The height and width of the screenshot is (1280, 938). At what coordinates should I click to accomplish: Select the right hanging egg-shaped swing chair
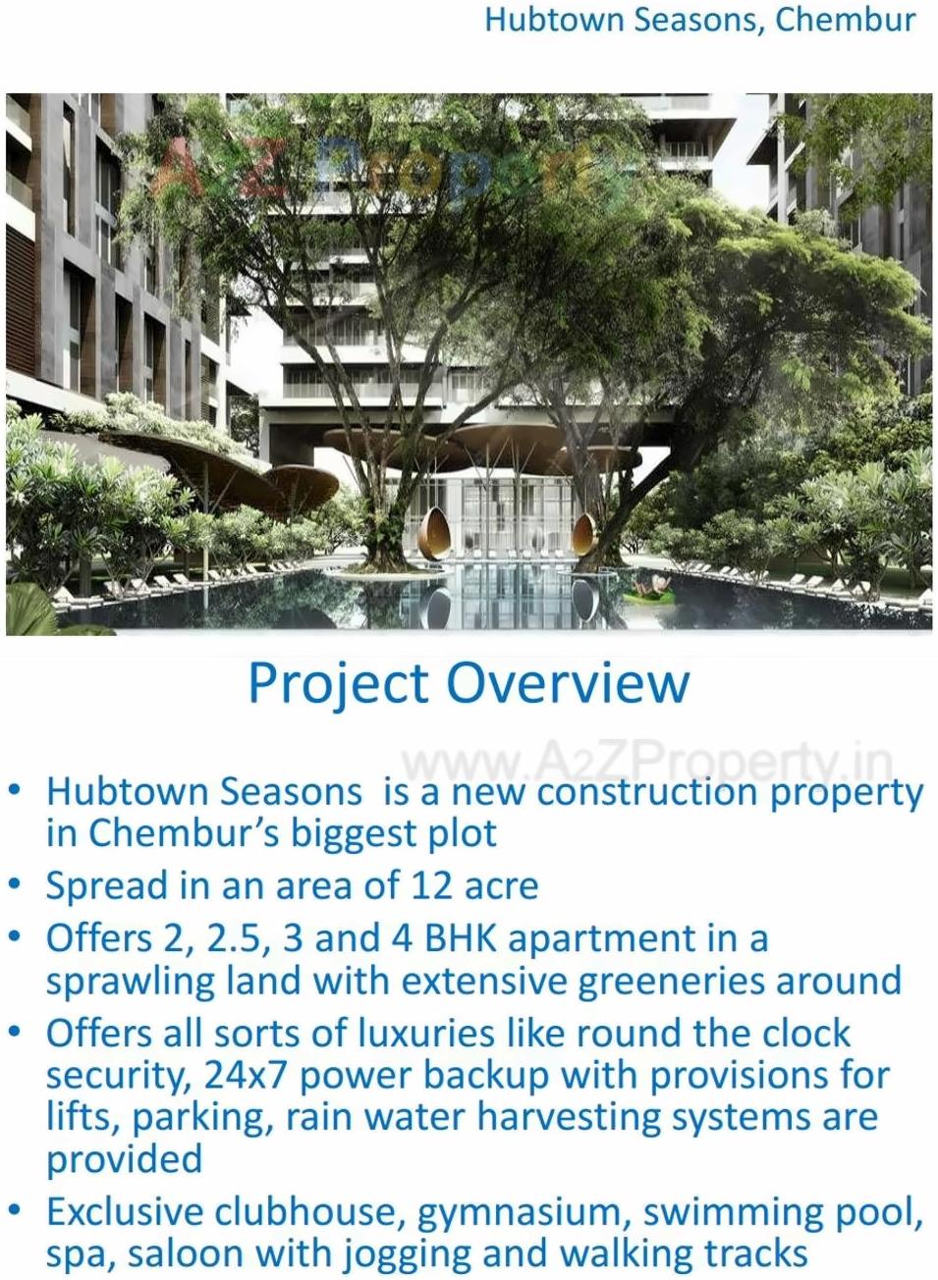click(x=584, y=530)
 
